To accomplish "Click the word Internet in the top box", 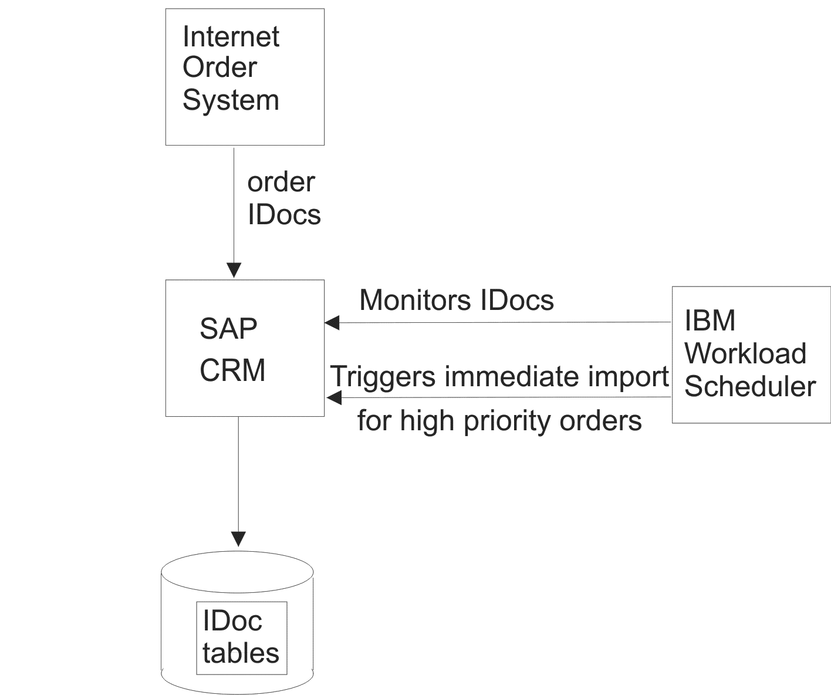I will [231, 37].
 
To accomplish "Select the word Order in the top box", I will [219, 68].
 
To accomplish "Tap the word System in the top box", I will [231, 100].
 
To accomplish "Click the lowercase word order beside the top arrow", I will [281, 183].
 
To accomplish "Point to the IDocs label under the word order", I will [284, 215].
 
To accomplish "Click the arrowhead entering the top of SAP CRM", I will [234, 270].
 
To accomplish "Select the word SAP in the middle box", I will [228, 329].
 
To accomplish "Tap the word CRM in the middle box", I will [232, 371].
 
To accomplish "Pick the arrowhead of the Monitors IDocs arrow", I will [332, 322].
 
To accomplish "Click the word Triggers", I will [383, 376].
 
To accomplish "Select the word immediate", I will [515, 376].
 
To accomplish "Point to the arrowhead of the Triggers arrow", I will [333, 398].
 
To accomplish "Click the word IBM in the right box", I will [710, 321].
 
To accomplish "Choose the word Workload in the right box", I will [745, 354].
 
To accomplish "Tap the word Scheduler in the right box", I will [750, 387].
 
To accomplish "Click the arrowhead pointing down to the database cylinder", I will [238, 539].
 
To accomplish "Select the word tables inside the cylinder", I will [241, 653].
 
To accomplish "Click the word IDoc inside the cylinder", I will [232, 621].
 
